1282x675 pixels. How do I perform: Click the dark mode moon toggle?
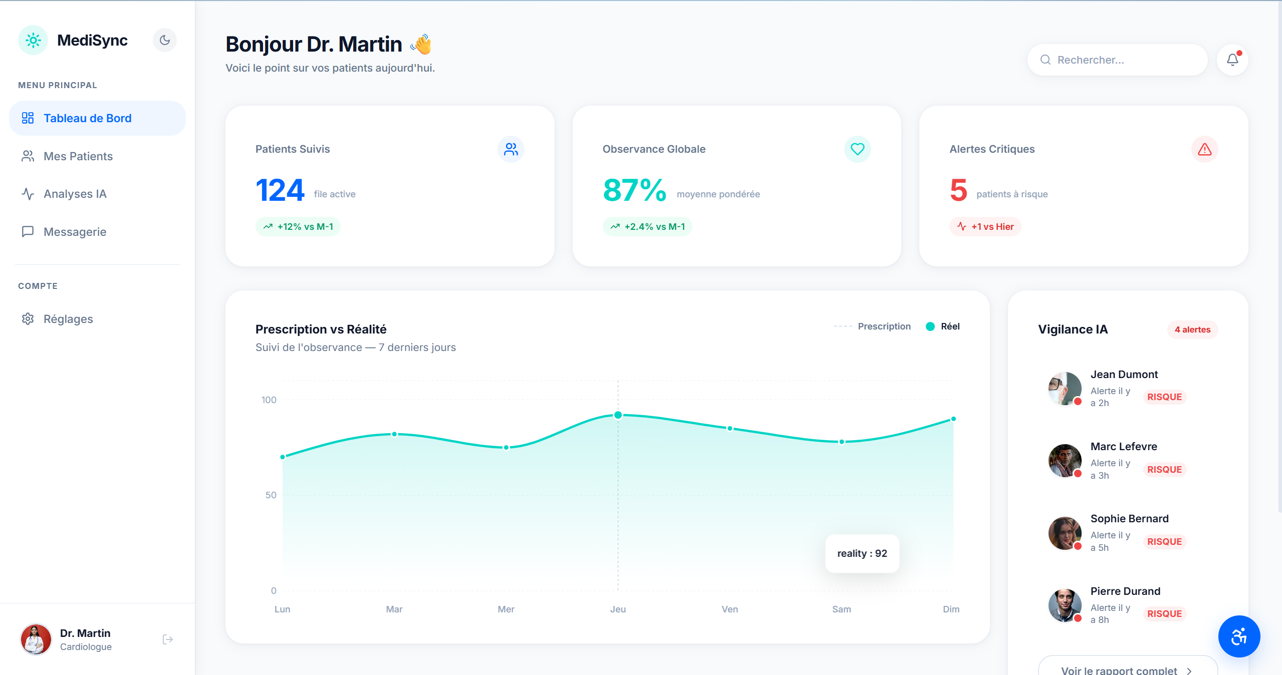pyautogui.click(x=165, y=40)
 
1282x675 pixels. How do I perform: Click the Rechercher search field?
pyautogui.click(x=1117, y=60)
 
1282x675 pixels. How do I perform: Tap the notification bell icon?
pyautogui.click(x=1232, y=60)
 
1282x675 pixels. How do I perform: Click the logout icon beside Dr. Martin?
pyautogui.click(x=168, y=639)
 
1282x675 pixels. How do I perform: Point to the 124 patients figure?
pyautogui.click(x=280, y=190)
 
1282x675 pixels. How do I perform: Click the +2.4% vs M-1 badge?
pyautogui.click(x=647, y=227)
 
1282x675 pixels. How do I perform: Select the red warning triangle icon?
pyautogui.click(x=1204, y=149)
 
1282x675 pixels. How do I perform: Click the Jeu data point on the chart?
pyautogui.click(x=618, y=415)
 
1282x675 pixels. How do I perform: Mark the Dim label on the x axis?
pyautogui.click(x=951, y=609)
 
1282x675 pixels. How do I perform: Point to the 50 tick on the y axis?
pyautogui.click(x=271, y=495)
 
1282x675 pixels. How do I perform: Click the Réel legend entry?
pyautogui.click(x=943, y=326)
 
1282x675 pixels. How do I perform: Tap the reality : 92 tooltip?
pyautogui.click(x=862, y=553)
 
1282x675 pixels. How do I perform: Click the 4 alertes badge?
pyautogui.click(x=1192, y=329)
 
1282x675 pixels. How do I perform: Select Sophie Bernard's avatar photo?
pyautogui.click(x=1065, y=533)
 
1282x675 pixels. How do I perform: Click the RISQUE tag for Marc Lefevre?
pyautogui.click(x=1164, y=470)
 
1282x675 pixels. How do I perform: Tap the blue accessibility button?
pyautogui.click(x=1239, y=636)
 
